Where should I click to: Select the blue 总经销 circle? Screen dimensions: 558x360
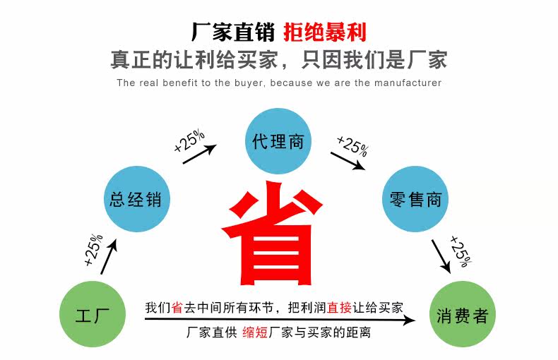coord(136,199)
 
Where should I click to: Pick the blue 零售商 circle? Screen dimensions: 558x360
coord(415,199)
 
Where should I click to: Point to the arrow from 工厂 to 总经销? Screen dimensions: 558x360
coord(107,256)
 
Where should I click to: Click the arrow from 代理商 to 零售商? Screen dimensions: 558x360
coord(348,161)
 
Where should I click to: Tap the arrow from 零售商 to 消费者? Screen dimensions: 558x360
coord(441,256)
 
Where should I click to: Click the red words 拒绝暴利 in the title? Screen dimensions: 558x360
coord(325,32)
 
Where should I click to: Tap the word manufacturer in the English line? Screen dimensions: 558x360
coord(405,83)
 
